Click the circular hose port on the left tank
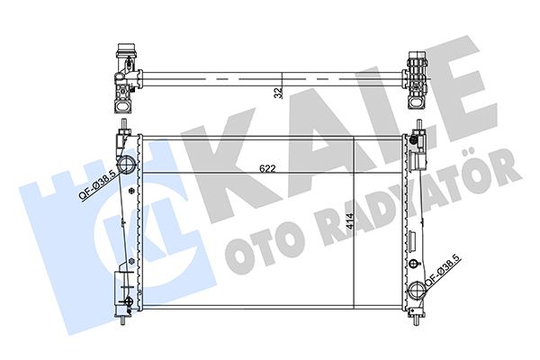coord(127,165)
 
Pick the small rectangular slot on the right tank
coord(412,242)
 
